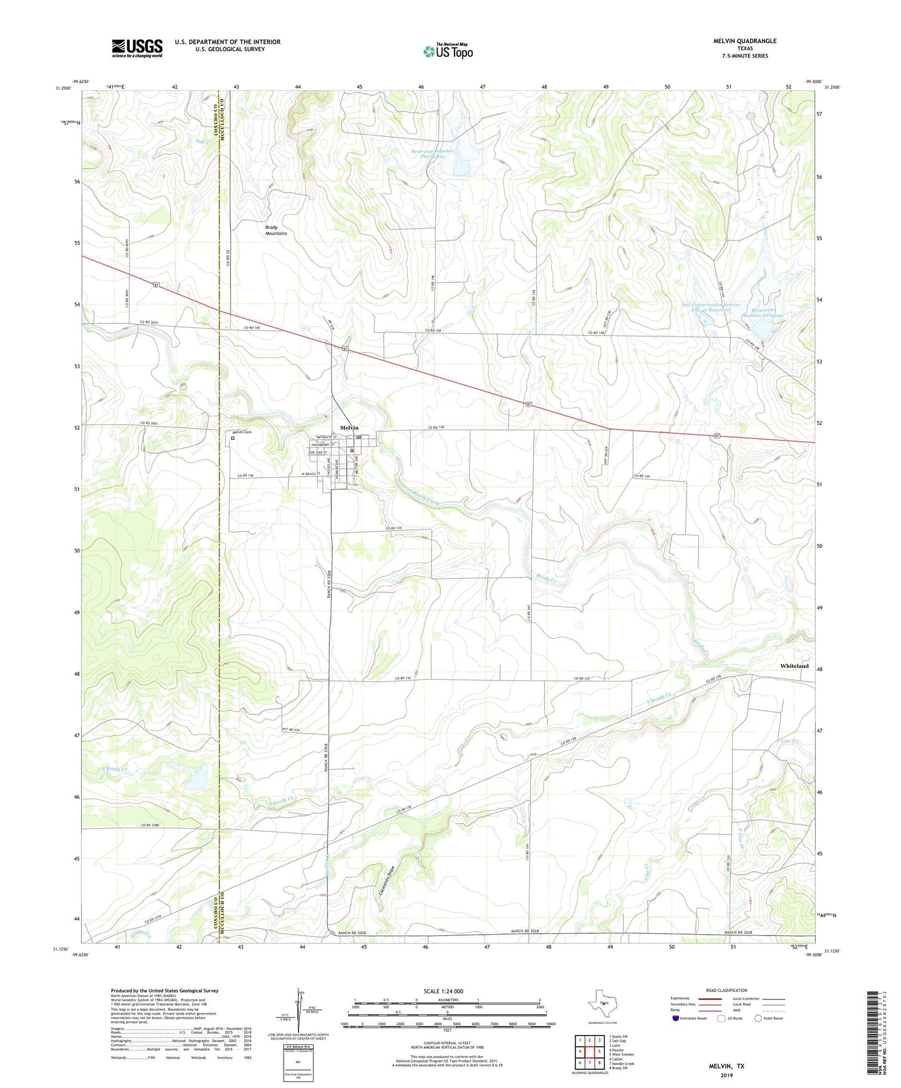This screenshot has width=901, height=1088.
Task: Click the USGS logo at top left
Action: click(x=137, y=48)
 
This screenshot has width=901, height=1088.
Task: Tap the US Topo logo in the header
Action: click(x=448, y=51)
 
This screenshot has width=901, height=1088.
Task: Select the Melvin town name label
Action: click(x=349, y=427)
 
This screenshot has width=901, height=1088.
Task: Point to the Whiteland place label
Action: click(x=794, y=666)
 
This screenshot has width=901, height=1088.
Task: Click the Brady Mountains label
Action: click(x=276, y=230)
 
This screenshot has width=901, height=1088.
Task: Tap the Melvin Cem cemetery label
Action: click(x=241, y=432)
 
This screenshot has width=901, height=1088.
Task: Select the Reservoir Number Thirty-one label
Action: click(x=432, y=153)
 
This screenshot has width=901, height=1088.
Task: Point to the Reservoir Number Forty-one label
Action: click(x=762, y=312)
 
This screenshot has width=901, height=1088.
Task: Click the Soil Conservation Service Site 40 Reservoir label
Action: click(x=710, y=307)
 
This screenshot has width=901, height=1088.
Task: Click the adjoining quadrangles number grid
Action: click(x=589, y=1052)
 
